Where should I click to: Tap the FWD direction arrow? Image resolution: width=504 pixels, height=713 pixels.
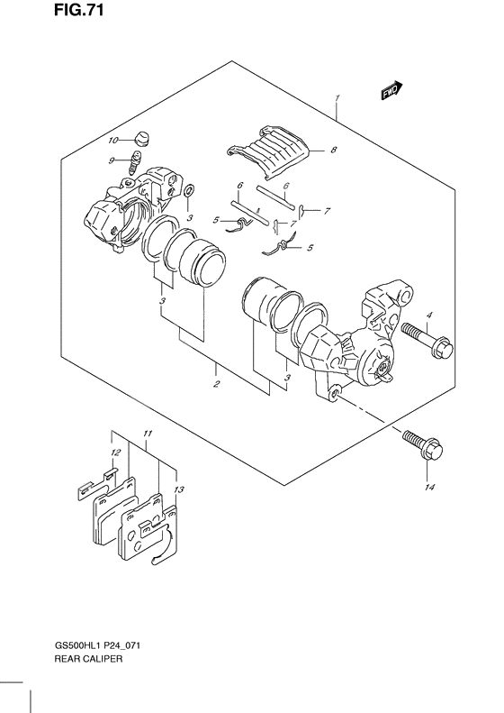pyautogui.click(x=390, y=90)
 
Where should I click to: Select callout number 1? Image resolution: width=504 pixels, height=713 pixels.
pyautogui.click(x=336, y=97)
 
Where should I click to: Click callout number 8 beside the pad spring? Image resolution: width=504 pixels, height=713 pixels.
pyautogui.click(x=332, y=151)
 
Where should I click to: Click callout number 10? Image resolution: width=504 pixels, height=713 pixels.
pyautogui.click(x=113, y=141)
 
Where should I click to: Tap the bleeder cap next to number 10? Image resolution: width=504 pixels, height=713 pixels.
pyautogui.click(x=141, y=137)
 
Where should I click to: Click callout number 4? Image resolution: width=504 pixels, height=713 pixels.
pyautogui.click(x=430, y=315)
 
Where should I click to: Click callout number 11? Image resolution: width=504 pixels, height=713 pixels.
pyautogui.click(x=147, y=434)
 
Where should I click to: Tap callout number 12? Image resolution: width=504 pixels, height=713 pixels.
pyautogui.click(x=116, y=452)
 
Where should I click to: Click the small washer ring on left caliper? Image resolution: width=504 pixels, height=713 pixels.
pyautogui.click(x=187, y=194)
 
